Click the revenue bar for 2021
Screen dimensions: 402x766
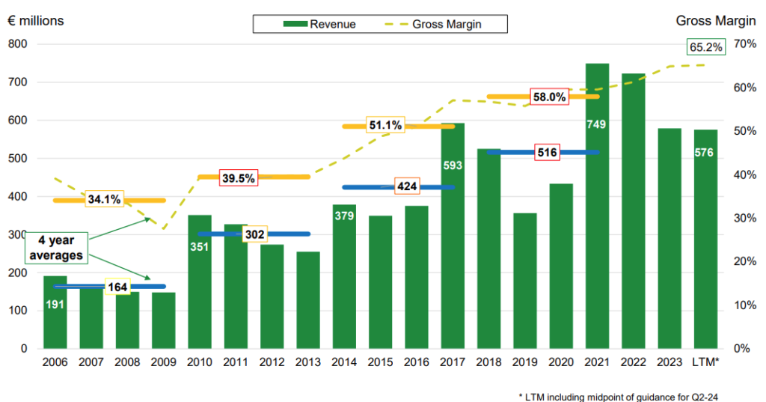[597, 225]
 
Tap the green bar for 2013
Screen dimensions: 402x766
[308, 299]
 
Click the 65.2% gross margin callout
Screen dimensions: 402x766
[705, 47]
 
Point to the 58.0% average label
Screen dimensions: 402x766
[550, 97]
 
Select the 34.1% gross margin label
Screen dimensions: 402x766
[105, 200]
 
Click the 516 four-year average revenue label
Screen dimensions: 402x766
[548, 152]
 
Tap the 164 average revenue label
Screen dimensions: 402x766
[117, 286]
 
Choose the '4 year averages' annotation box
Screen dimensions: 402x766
[56, 249]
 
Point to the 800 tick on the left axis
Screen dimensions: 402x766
[18, 44]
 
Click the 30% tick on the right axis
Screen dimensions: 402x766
[744, 218]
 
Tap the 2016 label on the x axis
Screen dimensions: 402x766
[417, 362]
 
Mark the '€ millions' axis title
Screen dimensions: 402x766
[36, 20]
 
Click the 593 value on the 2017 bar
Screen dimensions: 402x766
[453, 165]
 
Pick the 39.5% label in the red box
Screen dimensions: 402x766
[239, 177]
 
